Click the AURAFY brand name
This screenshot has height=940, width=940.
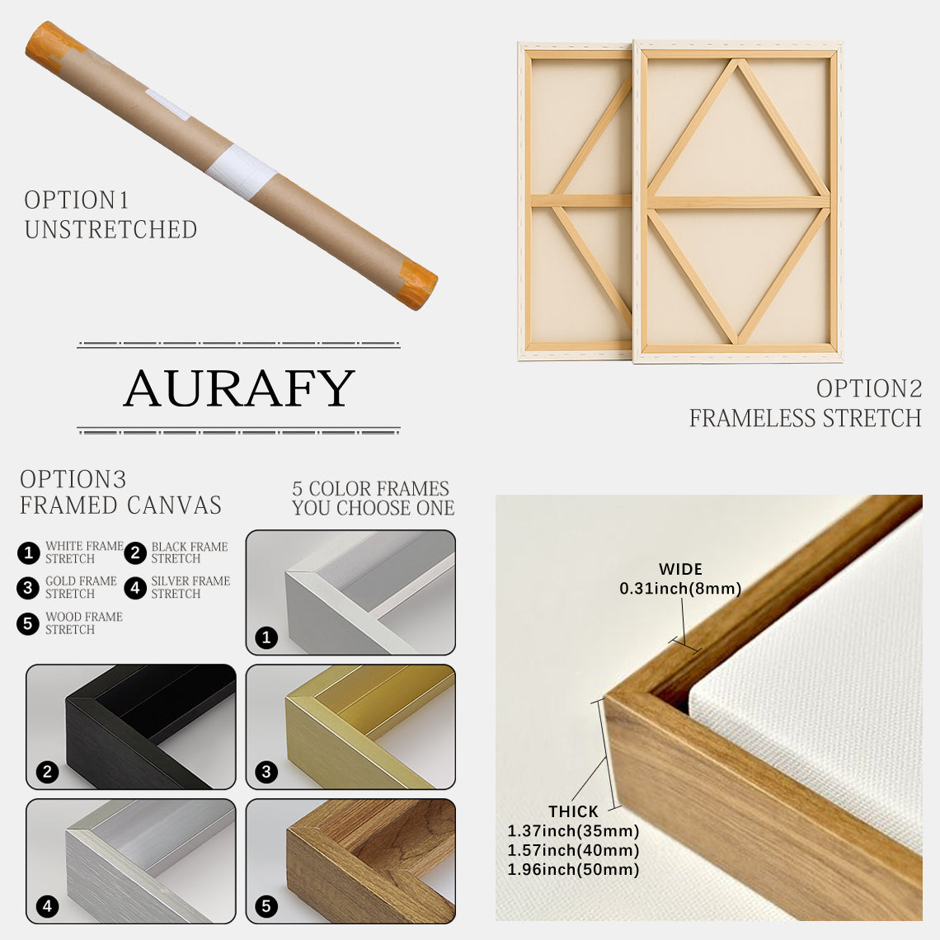pyautogui.click(x=238, y=388)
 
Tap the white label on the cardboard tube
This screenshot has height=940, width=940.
pyautogui.click(x=242, y=172)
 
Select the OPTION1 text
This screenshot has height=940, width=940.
pyautogui.click(x=77, y=200)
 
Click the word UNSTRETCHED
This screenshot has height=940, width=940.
pyautogui.click(x=110, y=230)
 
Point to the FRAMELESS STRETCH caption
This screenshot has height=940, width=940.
pyautogui.click(x=805, y=419)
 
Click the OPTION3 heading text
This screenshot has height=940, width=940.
pyautogui.click(x=73, y=480)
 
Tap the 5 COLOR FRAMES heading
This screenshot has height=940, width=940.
pyautogui.click(x=371, y=489)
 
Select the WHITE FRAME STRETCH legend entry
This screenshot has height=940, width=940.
pyautogui.click(x=83, y=552)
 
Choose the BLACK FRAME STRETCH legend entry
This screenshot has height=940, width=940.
pyautogui.click(x=189, y=552)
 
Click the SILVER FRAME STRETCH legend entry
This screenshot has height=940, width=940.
pyautogui.click(x=190, y=587)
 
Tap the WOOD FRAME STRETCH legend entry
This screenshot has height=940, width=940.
pyautogui.click(x=83, y=623)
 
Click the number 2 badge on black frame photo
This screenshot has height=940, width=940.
pyautogui.click(x=48, y=773)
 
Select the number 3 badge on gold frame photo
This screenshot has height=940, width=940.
pyautogui.click(x=266, y=773)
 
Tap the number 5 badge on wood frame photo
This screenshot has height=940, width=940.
pyautogui.click(x=266, y=907)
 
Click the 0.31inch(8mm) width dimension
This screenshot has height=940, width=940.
pyautogui.click(x=680, y=589)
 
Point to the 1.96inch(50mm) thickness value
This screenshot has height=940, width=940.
pyautogui.click(x=573, y=869)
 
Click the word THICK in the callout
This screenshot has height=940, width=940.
pyautogui.click(x=573, y=812)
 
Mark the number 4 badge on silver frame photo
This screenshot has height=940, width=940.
pyautogui.click(x=48, y=907)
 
